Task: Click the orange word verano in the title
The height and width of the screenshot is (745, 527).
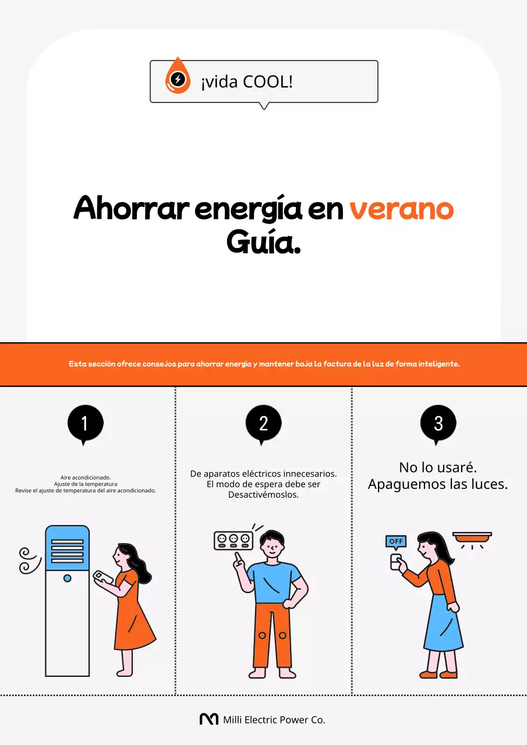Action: click(401, 209)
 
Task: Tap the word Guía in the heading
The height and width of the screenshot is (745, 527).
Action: click(263, 242)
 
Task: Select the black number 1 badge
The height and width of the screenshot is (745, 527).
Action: click(85, 423)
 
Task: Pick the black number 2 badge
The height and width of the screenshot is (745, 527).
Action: click(263, 423)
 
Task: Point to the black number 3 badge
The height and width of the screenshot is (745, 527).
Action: click(438, 423)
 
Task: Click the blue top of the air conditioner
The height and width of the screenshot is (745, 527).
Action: click(68, 548)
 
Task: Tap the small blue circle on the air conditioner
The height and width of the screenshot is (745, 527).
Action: click(68, 578)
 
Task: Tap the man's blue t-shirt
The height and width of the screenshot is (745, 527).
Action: click(274, 582)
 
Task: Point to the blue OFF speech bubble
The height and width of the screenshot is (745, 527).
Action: click(396, 541)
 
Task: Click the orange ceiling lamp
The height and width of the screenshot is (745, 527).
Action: click(472, 537)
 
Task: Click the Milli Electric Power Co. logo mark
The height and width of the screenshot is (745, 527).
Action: click(208, 719)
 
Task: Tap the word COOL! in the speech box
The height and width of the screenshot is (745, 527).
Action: click(267, 82)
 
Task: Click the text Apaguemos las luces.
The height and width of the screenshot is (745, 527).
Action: click(438, 484)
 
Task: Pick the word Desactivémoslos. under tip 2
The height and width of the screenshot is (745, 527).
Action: click(263, 495)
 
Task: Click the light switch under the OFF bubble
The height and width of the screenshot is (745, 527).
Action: click(396, 562)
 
